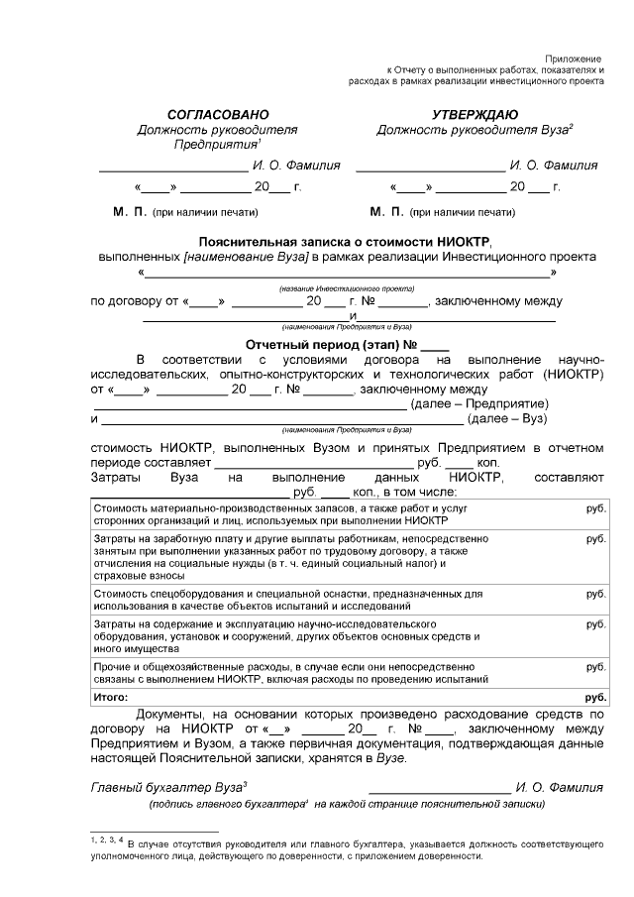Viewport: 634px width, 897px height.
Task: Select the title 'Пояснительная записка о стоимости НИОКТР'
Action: tap(345, 241)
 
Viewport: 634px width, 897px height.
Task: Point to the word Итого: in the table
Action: tap(111, 697)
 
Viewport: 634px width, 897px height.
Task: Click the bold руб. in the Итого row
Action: tap(595, 697)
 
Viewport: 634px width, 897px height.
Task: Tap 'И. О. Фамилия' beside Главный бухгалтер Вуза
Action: tap(559, 787)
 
